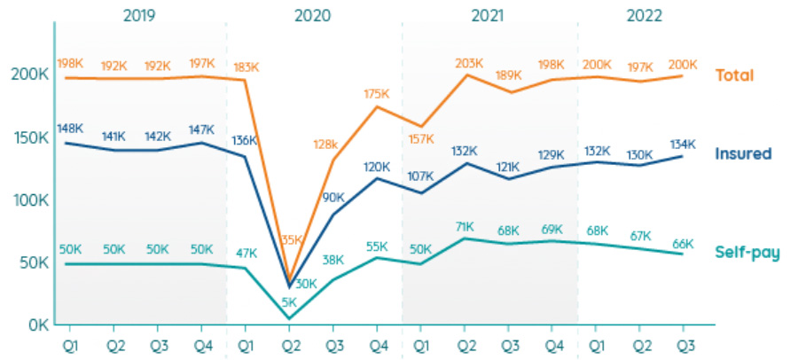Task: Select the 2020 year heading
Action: point(312,16)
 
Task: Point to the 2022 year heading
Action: point(645,16)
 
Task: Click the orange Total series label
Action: point(734,75)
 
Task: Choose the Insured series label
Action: point(743,153)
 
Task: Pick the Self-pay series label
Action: point(747,253)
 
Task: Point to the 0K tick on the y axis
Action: point(35,325)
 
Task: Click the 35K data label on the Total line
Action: point(290,239)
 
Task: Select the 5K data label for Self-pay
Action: point(289,301)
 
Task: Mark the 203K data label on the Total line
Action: point(467,63)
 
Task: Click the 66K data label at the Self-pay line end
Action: point(683,244)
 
